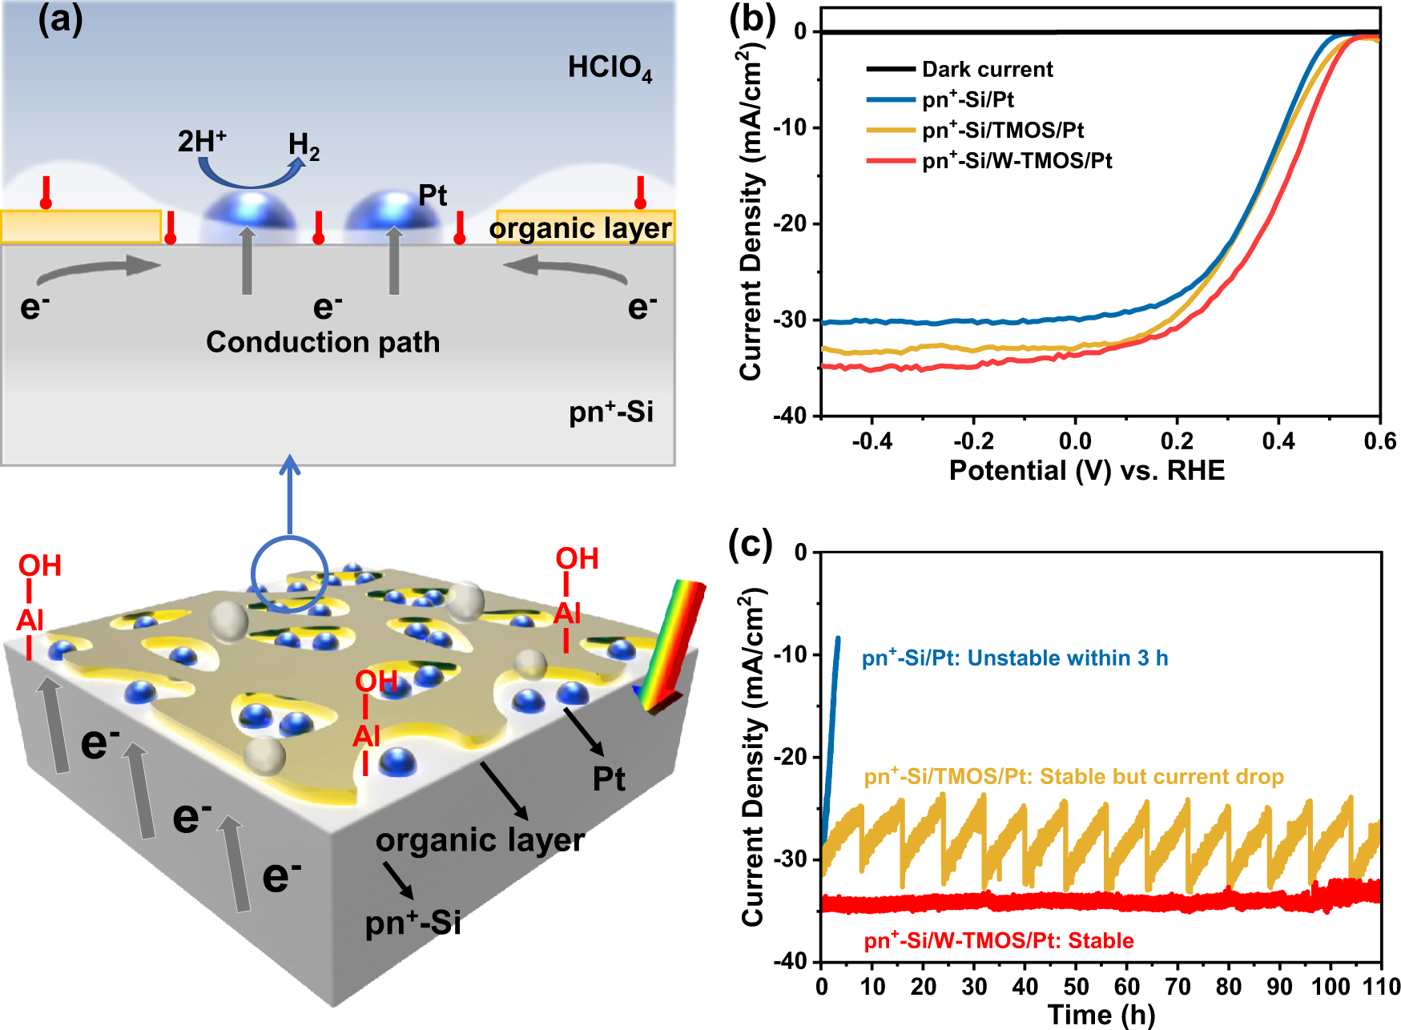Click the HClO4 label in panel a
pyautogui.click(x=610, y=68)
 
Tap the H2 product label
pyautogui.click(x=304, y=146)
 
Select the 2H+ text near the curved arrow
pyautogui.click(x=202, y=141)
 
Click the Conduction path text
pyautogui.click(x=323, y=342)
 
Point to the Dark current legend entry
pyautogui.click(x=987, y=70)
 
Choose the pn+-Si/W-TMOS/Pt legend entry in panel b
pyautogui.click(x=1017, y=161)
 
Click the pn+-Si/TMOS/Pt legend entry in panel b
pyautogui.click(x=1002, y=131)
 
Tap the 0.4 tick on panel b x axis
pyautogui.click(x=1278, y=441)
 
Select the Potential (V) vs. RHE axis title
pyautogui.click(x=1086, y=470)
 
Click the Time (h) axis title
pyautogui.click(x=1101, y=1014)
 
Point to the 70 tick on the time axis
pyautogui.click(x=1178, y=986)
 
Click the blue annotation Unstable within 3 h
pyautogui.click(x=1015, y=658)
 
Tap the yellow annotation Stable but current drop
pyautogui.click(x=1073, y=777)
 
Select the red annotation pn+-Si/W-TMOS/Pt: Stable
pyautogui.click(x=999, y=940)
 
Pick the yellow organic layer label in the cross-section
pyautogui.click(x=581, y=228)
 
